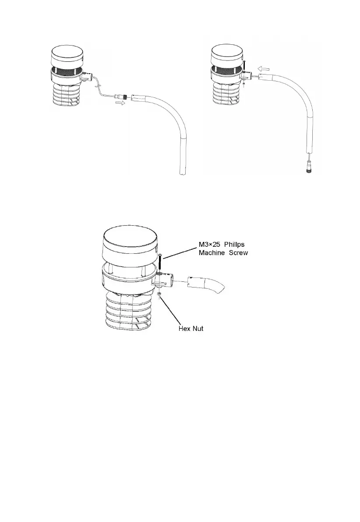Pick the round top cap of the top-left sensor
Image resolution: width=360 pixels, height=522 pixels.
(67, 56)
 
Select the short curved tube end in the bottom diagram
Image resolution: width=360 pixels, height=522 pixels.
(206, 285)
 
